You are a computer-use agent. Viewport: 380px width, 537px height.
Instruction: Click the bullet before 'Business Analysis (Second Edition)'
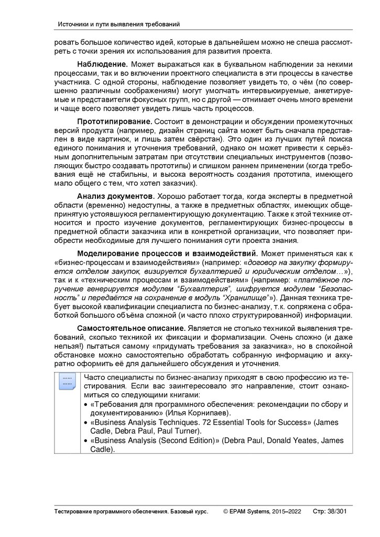click(x=86, y=441)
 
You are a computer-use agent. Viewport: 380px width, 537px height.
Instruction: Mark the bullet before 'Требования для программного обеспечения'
click(x=86, y=404)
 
